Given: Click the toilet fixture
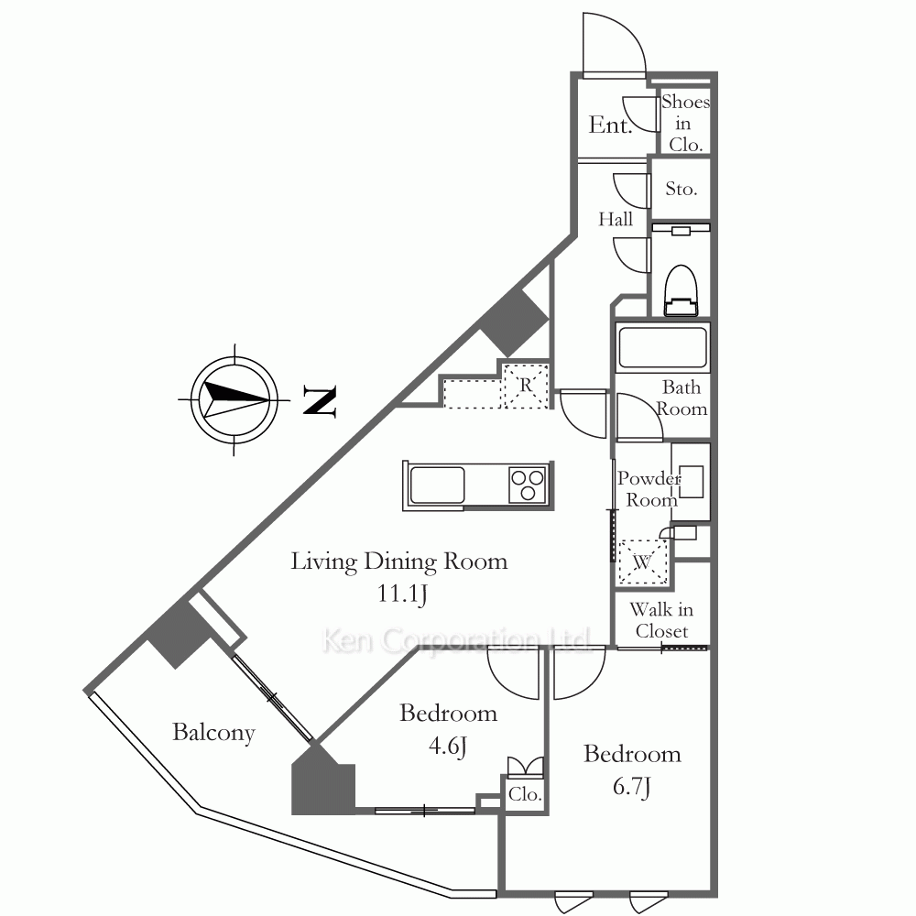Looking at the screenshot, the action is pyautogui.click(x=682, y=290).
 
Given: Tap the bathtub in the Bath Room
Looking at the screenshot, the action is pyautogui.click(x=662, y=347).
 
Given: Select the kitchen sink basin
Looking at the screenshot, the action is pyautogui.click(x=437, y=485).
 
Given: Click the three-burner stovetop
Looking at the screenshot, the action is pyautogui.click(x=528, y=485).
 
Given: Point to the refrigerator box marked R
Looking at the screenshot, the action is pyautogui.click(x=526, y=385).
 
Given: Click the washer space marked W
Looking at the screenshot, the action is pyautogui.click(x=643, y=562).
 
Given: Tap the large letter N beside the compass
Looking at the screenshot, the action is pyautogui.click(x=320, y=401).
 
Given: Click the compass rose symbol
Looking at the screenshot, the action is pyautogui.click(x=234, y=400).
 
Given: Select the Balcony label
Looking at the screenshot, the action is pyautogui.click(x=213, y=733).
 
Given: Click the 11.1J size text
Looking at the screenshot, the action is pyautogui.click(x=402, y=594).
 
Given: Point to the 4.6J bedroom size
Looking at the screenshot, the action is pyautogui.click(x=448, y=746).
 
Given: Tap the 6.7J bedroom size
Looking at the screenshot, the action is pyautogui.click(x=632, y=787).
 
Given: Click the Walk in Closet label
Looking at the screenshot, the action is pyautogui.click(x=662, y=620).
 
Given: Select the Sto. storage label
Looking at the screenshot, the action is pyautogui.click(x=682, y=189).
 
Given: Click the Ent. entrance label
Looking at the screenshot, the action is pyautogui.click(x=610, y=125).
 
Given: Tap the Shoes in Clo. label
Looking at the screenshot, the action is pyautogui.click(x=685, y=124).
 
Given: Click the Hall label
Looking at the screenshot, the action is pyautogui.click(x=616, y=219).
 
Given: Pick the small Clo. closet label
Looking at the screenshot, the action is pyautogui.click(x=525, y=794).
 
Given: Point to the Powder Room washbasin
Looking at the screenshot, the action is pyautogui.click(x=691, y=482).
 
